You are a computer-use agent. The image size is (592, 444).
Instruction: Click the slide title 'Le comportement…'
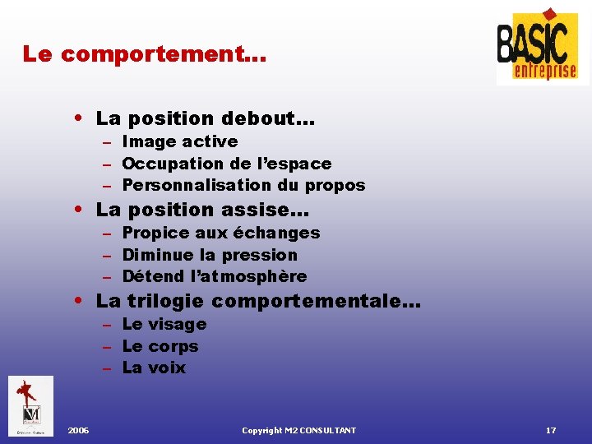pos(144,55)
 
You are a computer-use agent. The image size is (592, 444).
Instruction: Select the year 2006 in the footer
pos(79,431)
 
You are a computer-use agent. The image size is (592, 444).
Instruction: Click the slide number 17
pos(551,431)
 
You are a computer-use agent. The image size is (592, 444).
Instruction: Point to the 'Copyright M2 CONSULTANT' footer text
pos(298,431)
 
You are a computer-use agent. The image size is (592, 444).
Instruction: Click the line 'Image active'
pos(179,141)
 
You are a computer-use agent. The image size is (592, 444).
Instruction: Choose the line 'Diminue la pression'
pos(209,255)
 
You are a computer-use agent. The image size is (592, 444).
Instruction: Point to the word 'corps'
pos(173,346)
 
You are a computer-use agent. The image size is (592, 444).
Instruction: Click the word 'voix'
pos(167,368)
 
